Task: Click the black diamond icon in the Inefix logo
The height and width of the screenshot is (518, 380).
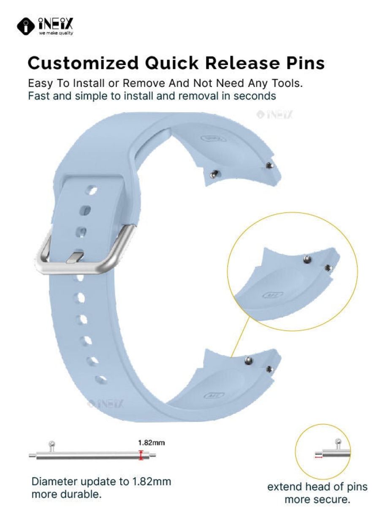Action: pos(26,27)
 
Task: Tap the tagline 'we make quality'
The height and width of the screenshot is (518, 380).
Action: pos(56,33)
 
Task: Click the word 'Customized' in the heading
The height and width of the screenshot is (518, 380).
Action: pos(83,63)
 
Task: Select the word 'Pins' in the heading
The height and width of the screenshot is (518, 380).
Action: pos(305,63)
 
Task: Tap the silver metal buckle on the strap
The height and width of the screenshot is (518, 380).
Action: pos(84,251)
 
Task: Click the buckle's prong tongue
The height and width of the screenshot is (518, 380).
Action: pos(74,257)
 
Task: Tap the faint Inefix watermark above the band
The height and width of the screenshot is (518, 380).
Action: pos(275,114)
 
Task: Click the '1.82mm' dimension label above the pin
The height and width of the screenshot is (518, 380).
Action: pos(152,443)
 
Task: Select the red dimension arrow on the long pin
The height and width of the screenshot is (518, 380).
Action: pos(141,455)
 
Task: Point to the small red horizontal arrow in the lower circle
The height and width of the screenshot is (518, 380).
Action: pos(318,457)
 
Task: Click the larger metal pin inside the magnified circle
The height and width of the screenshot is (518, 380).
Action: pos(307,259)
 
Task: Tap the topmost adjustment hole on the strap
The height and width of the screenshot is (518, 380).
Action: pos(92,190)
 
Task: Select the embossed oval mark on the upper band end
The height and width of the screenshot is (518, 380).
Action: pos(213,138)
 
